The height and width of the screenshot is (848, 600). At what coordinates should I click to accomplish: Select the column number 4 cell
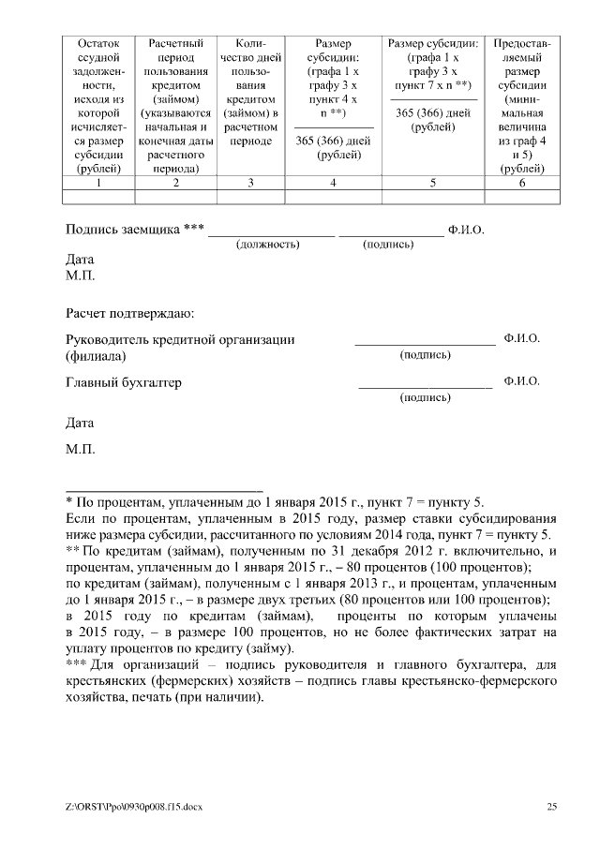pos(333,183)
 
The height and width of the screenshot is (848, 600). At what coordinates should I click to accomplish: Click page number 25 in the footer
pos(552,806)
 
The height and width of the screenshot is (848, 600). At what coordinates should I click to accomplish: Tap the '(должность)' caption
pos(268,245)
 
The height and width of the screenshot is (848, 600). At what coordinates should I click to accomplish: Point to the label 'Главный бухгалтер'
pos(123,382)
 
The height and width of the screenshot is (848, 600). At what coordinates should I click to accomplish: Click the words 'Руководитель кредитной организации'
pos(180,339)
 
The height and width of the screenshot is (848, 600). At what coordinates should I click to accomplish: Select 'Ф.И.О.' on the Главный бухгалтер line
pos(521,381)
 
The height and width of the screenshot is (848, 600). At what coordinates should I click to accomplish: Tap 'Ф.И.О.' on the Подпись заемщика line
pos(466,230)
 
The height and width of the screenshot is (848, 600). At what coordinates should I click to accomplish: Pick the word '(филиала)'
pos(95,356)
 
